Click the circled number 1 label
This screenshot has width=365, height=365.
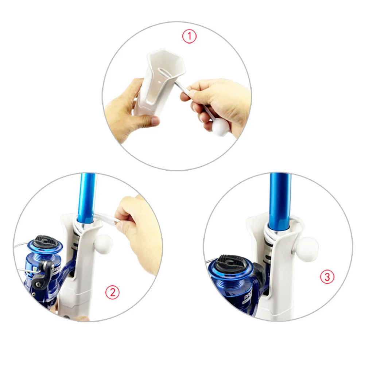pos(189,36)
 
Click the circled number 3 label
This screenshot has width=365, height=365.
pos(327,277)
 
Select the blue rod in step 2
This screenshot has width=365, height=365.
pos(86,197)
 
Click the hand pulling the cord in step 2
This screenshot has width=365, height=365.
pos(140,226)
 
